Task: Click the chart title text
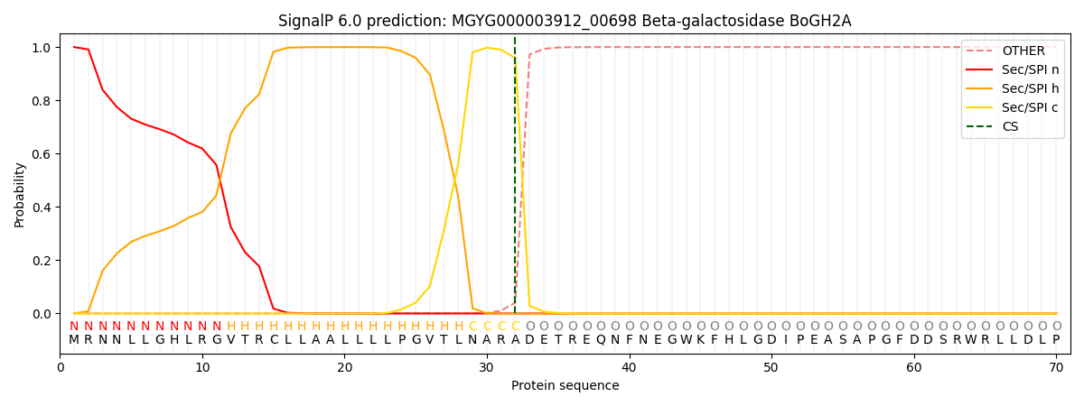point(565,21)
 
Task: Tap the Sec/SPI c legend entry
point(1031,108)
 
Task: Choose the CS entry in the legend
point(1010,127)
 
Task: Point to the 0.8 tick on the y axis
point(42,101)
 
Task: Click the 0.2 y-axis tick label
point(42,261)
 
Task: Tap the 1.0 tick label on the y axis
point(42,48)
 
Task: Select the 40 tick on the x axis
point(629,367)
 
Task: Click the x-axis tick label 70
point(1056,367)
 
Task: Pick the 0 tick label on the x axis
point(60,367)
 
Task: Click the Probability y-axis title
point(20,195)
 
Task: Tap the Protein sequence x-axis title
point(565,386)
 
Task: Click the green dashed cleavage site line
point(515,180)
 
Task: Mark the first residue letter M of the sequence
point(74,340)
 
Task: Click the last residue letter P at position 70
point(1056,340)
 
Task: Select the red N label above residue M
point(74,327)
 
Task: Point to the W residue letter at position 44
point(686,340)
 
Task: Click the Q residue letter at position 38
point(601,340)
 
